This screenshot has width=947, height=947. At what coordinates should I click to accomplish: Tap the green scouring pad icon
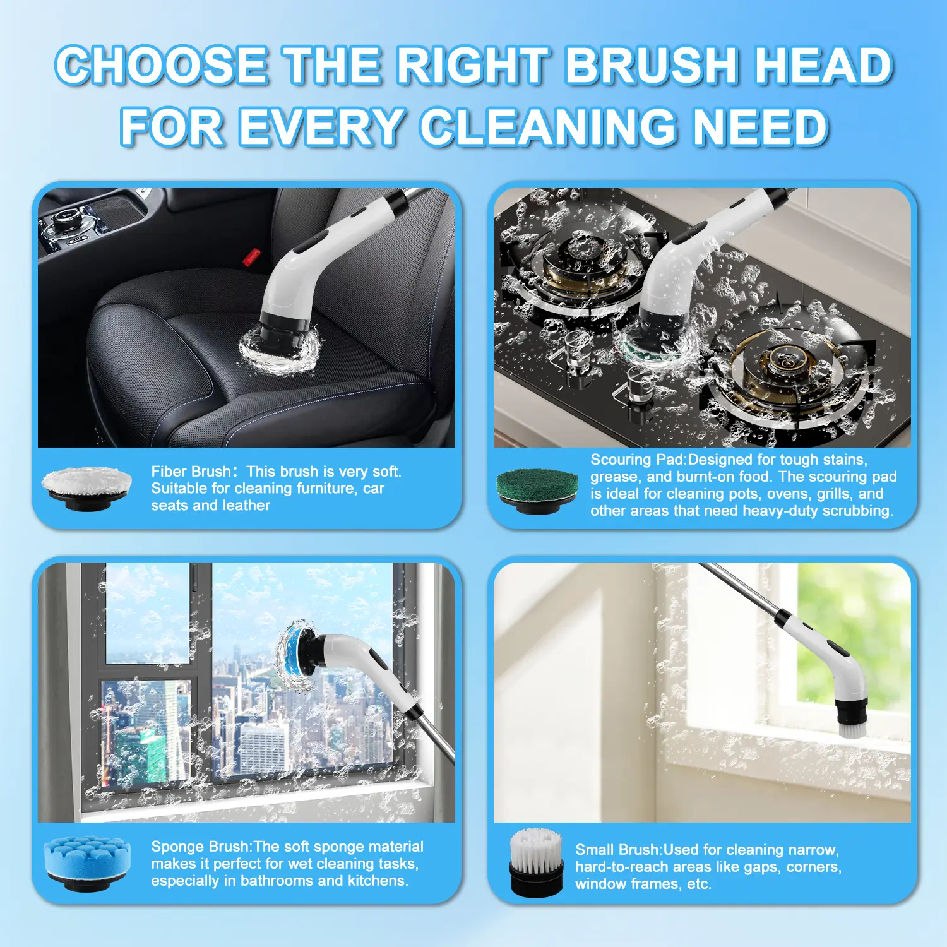[537, 491]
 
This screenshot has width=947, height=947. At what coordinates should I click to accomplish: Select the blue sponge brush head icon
[88, 864]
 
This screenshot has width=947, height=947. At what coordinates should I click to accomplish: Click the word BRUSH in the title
[652, 66]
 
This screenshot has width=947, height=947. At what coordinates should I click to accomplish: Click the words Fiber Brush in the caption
[191, 472]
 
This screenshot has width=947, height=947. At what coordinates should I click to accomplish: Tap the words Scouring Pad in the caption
[636, 460]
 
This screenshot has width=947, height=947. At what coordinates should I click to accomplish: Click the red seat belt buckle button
[251, 257]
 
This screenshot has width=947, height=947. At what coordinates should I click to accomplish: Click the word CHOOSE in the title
[161, 66]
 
